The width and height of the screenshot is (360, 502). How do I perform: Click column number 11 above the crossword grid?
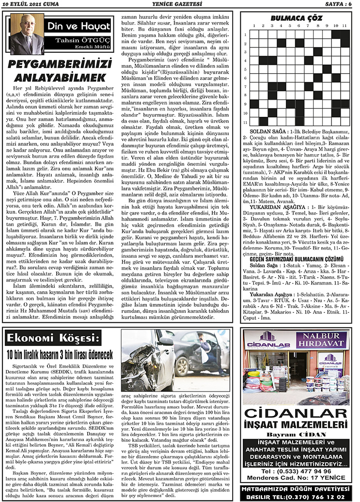click(344, 26)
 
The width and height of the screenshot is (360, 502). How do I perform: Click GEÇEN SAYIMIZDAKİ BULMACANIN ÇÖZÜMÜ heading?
click(297, 260)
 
